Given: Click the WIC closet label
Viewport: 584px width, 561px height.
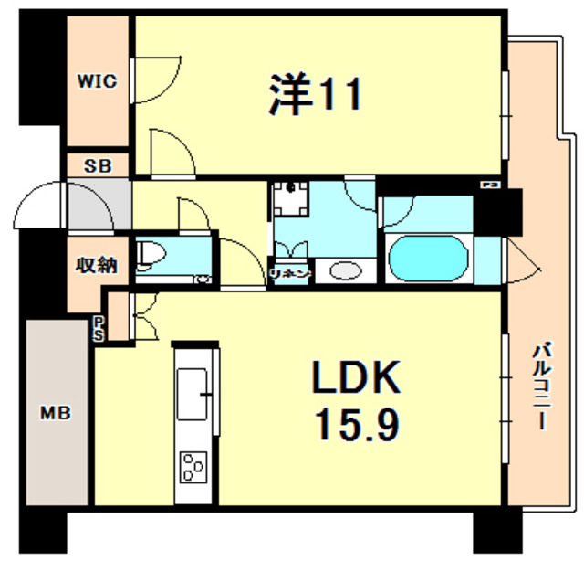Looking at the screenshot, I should pos(97,81).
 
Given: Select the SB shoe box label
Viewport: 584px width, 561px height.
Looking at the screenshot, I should pos(97,166).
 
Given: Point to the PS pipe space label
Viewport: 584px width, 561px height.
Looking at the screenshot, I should pos(98,327).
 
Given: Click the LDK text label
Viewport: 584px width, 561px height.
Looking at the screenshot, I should pos(357,378).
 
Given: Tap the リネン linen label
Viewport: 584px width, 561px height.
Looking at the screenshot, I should pos(291,274).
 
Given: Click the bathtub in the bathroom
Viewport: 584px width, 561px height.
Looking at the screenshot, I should pos(428,259).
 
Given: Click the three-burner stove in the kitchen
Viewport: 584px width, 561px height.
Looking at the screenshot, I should pos(194,467).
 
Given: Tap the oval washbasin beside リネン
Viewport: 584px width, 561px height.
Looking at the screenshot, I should pos(344,271).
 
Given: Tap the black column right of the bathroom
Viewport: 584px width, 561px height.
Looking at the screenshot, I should pos(498,211).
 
